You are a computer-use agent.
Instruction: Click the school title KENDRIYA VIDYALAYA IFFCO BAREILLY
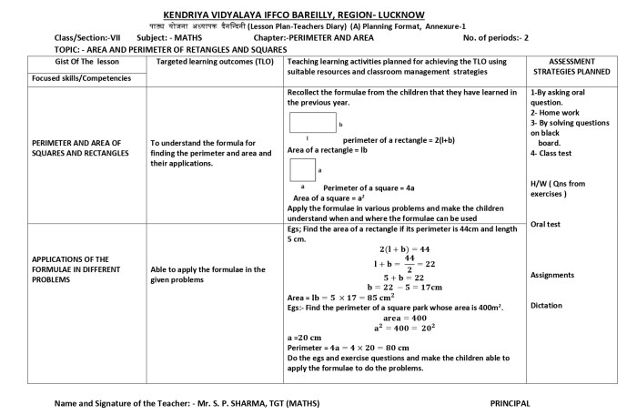tap(318, 15)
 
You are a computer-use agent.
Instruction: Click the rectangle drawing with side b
tap(313, 123)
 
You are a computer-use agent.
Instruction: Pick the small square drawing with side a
tap(302, 169)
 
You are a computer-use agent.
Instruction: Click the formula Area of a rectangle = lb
tap(333, 148)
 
